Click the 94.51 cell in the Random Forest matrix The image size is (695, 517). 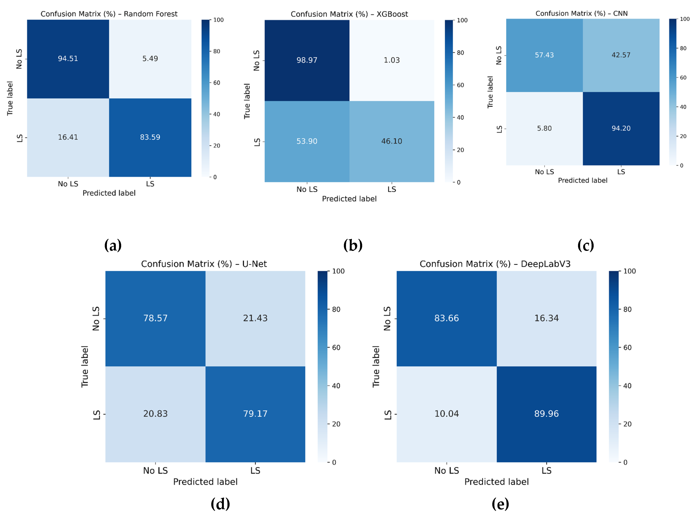point(68,59)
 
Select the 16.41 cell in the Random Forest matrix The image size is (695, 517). point(68,137)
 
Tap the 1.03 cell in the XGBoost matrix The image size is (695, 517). point(392,60)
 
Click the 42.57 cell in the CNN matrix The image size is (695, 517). point(621,55)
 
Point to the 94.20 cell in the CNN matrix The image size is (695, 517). point(621,128)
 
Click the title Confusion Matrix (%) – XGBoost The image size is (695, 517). point(349,14)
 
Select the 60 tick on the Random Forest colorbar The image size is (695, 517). point(217,83)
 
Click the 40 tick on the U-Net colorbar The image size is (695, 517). point(336,386)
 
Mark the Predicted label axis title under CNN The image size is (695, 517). point(582,180)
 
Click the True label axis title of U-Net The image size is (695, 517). point(85,366)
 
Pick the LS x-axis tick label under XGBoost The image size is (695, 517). point(392,189)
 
